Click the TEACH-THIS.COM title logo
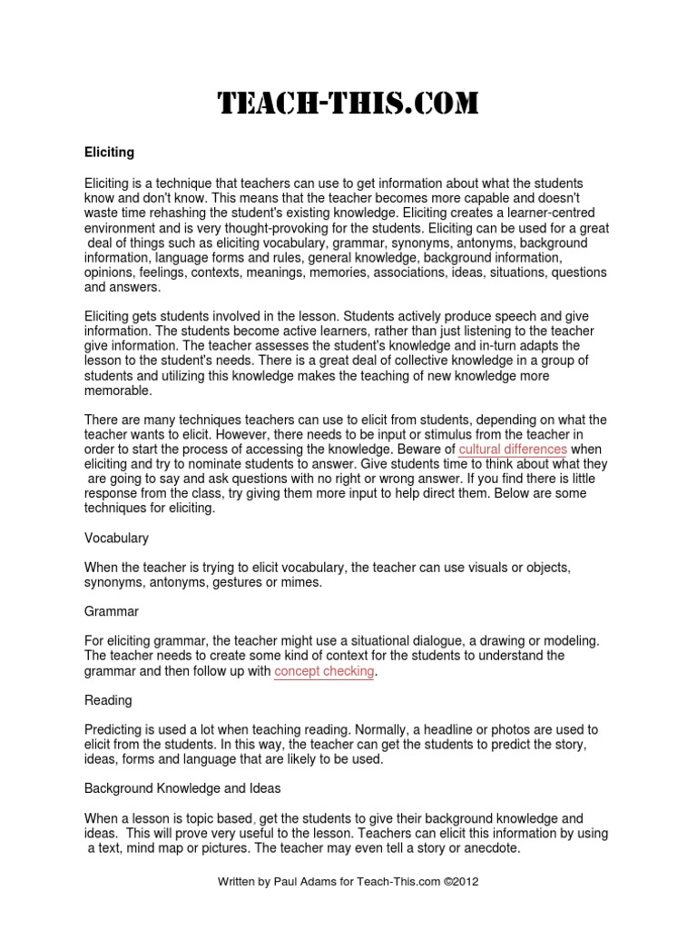tap(348, 104)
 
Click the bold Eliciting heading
tap(110, 153)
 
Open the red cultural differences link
tap(513, 450)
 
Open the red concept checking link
tap(324, 671)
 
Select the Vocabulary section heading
tap(116, 538)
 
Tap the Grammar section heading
tap(112, 612)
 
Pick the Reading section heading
tap(108, 700)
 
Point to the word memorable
tap(119, 390)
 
